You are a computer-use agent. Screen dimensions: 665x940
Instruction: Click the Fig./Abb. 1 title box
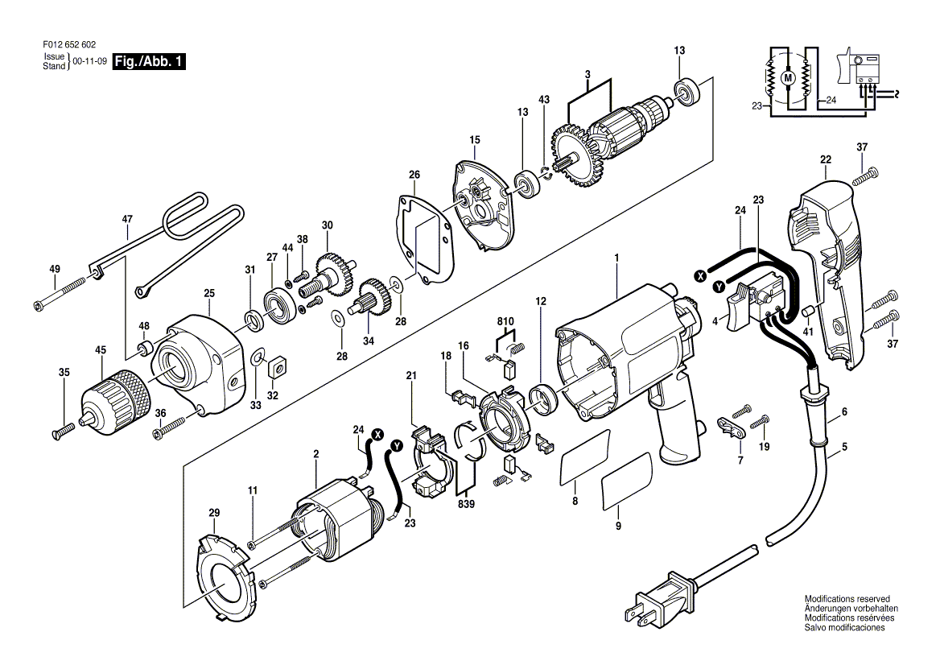(x=149, y=61)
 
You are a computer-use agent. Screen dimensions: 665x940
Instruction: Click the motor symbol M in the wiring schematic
(x=788, y=77)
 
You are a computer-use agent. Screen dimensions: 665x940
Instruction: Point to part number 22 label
(x=825, y=159)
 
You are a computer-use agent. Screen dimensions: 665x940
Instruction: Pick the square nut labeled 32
(x=278, y=366)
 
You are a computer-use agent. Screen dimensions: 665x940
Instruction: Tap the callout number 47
(x=127, y=218)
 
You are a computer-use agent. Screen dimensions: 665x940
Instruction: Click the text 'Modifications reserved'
(x=847, y=599)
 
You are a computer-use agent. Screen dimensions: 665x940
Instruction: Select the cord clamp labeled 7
(x=732, y=426)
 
